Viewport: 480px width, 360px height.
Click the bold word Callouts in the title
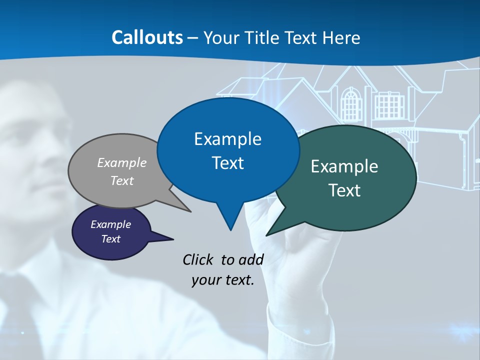pyautogui.click(x=147, y=37)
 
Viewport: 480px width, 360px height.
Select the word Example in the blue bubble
pyautogui.click(x=227, y=139)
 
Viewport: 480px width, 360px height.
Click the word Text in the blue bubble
pyautogui.click(x=227, y=163)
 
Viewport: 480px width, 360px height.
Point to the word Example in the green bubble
pyautogui.click(x=344, y=166)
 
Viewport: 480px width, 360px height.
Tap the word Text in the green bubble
pyautogui.click(x=344, y=190)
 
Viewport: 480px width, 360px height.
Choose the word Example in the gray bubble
pyautogui.click(x=122, y=162)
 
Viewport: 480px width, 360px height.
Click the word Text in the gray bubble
pyautogui.click(x=122, y=180)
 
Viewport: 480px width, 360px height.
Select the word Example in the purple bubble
pyautogui.click(x=110, y=224)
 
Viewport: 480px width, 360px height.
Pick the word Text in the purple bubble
pyautogui.click(x=110, y=239)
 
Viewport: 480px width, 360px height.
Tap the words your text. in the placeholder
pyautogui.click(x=222, y=280)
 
